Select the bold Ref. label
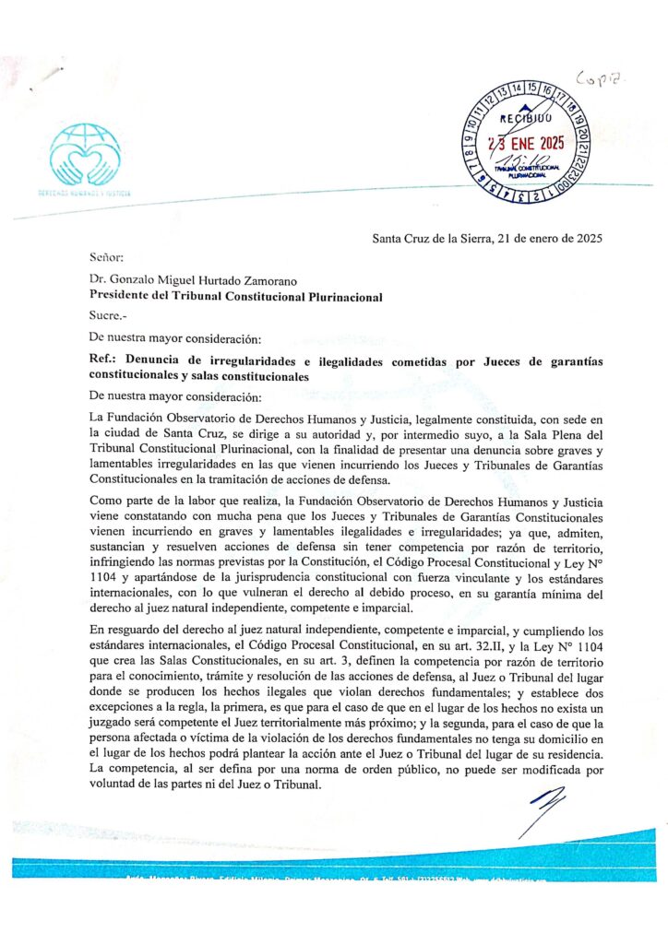click(x=103, y=362)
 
